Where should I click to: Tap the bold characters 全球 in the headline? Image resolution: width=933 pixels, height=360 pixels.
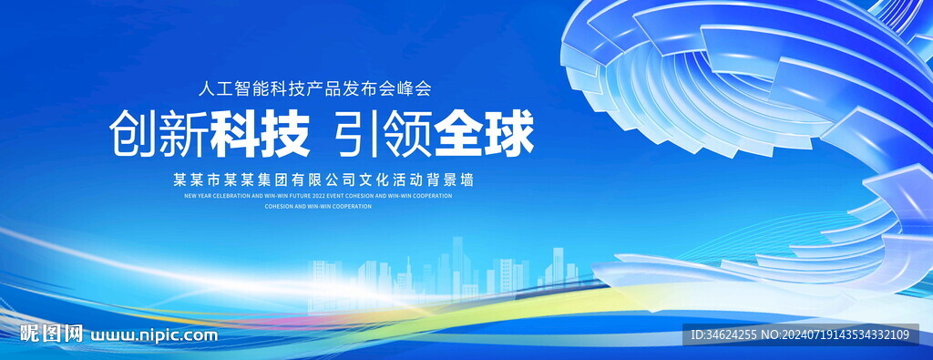click(x=484, y=134)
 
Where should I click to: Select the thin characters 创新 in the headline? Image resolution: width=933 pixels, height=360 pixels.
click(x=159, y=134)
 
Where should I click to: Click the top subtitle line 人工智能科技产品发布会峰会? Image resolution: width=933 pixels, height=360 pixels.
click(x=313, y=89)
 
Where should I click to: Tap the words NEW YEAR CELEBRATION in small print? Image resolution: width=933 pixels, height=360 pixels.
click(x=212, y=195)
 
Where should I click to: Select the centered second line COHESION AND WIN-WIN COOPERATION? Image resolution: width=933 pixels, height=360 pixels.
click(x=318, y=207)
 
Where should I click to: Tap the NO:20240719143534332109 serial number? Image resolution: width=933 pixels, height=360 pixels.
click(x=846, y=335)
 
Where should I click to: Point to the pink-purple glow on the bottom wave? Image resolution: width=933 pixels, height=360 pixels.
click(x=273, y=321)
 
